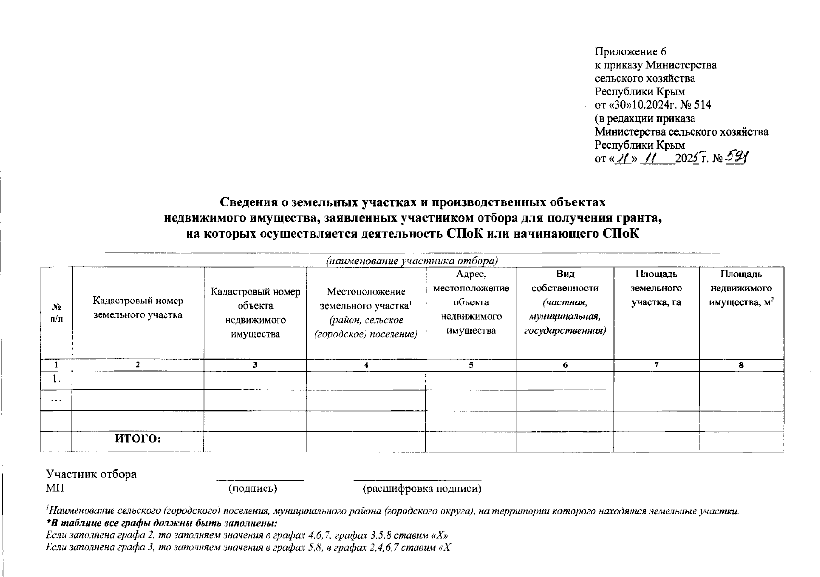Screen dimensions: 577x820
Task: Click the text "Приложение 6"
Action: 631,52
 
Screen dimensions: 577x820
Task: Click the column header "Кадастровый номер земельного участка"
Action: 138,308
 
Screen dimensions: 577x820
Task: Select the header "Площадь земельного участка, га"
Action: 656,288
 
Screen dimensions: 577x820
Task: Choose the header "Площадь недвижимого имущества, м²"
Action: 741,288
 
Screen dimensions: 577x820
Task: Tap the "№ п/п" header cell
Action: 56,313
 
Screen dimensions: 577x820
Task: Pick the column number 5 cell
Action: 471,365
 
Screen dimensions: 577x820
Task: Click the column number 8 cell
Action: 741,365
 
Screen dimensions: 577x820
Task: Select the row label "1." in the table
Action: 56,379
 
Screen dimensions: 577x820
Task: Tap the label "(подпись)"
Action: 253,489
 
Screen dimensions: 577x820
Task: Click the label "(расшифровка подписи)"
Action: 422,489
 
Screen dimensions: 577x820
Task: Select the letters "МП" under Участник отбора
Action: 55,489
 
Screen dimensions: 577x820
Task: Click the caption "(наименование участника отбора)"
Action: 412,261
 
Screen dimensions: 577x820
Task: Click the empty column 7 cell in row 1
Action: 656,380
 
